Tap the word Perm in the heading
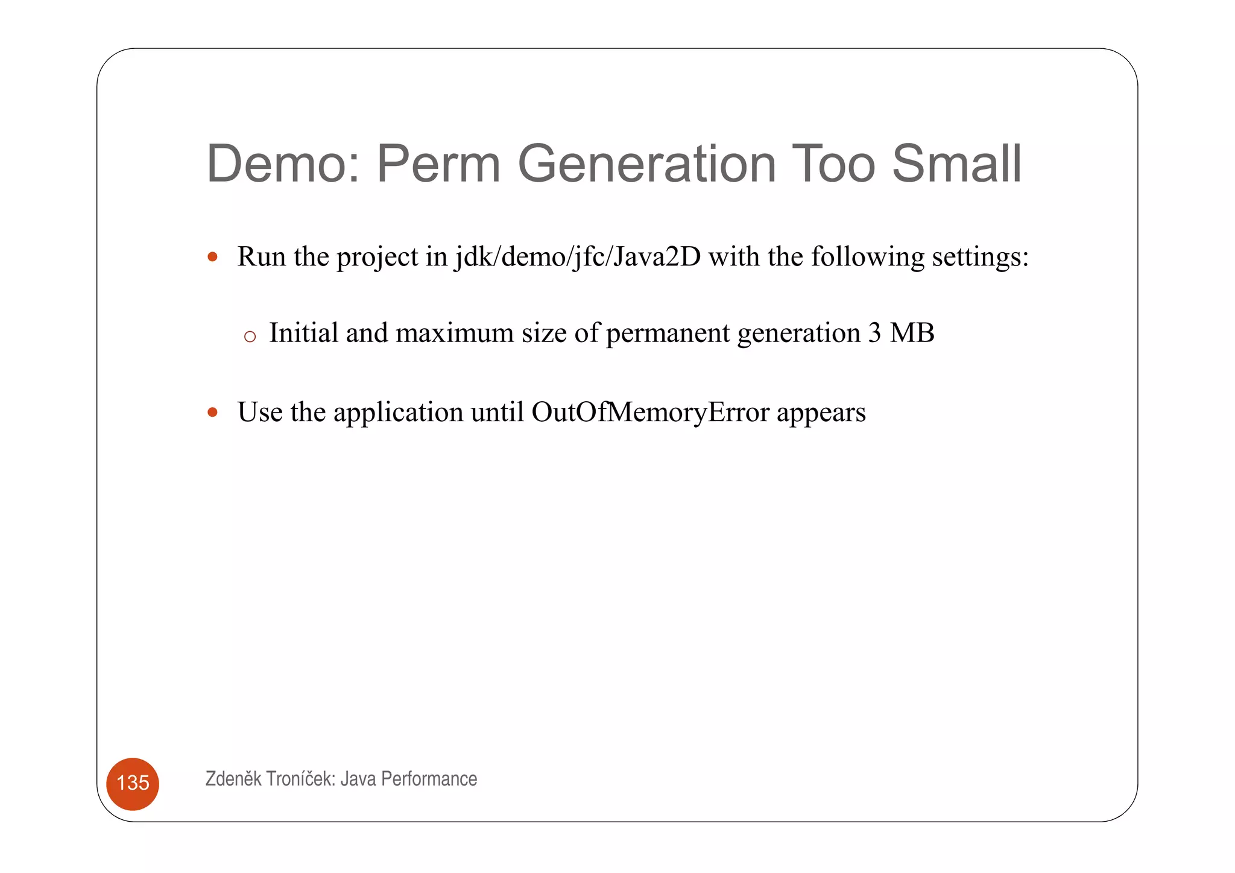coord(438,163)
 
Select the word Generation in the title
coord(646,163)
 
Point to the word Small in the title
coord(957,163)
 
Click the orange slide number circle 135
coord(133,783)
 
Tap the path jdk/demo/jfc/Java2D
coord(578,256)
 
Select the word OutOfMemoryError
coord(650,412)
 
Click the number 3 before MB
coord(874,333)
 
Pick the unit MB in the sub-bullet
coord(912,333)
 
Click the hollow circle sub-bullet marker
coord(250,337)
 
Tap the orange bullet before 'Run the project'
coord(212,257)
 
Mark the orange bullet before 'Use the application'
coord(212,413)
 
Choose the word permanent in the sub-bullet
coord(668,334)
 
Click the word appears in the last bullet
coord(821,413)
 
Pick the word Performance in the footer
coord(429,779)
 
